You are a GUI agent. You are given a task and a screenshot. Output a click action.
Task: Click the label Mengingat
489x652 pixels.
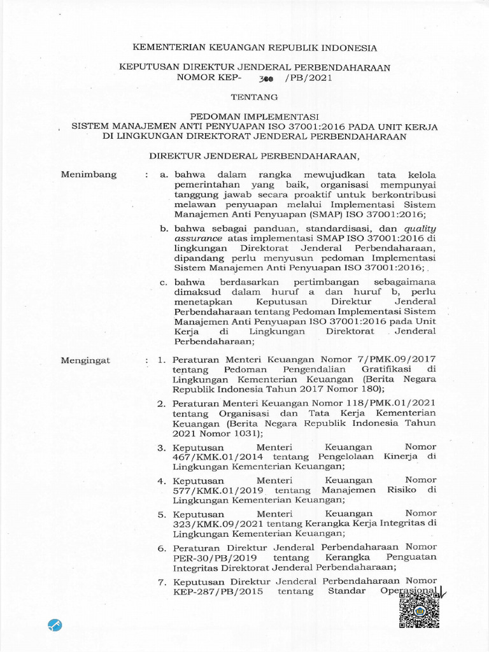(x=85, y=360)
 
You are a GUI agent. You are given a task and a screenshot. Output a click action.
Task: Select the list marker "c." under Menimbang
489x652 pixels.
(x=164, y=281)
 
